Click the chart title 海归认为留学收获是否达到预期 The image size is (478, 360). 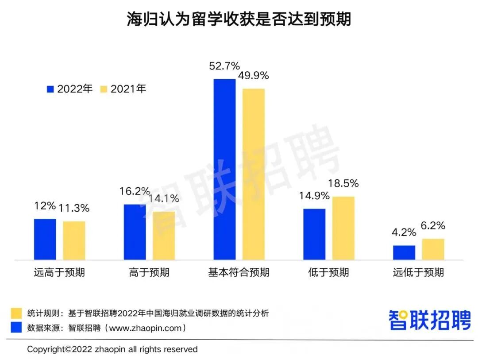(239, 19)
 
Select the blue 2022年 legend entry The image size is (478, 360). (70, 89)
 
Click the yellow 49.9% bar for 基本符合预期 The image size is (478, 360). (254, 174)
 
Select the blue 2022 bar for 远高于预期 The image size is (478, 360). (45, 239)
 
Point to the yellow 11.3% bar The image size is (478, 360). (74, 240)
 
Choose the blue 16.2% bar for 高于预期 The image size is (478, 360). (135, 232)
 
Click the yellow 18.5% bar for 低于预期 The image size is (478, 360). (343, 228)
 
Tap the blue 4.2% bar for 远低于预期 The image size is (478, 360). (404, 252)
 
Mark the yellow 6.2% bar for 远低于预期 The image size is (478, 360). (433, 249)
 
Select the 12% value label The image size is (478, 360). (45, 206)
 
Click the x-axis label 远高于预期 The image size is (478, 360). (59, 272)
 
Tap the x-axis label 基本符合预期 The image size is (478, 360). (239, 272)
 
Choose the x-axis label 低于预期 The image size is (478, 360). (328, 272)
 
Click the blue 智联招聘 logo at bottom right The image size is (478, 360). (430, 319)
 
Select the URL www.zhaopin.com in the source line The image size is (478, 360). (145, 328)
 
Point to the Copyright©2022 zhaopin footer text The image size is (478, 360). (112, 349)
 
